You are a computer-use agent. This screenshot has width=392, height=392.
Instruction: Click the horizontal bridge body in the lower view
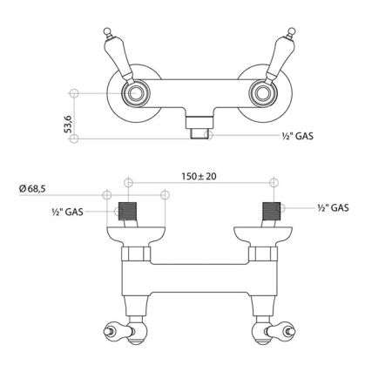pos(196,280)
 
